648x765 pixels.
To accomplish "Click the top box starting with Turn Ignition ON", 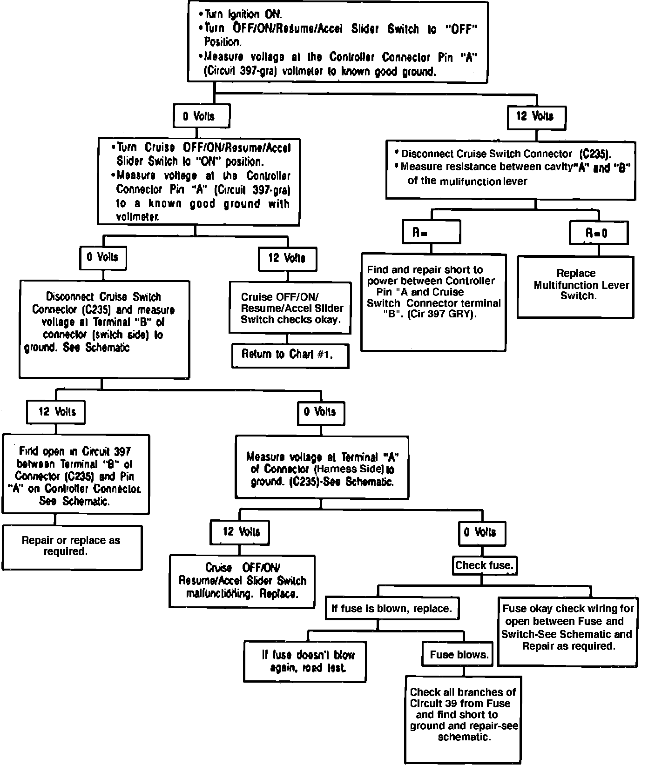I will (338, 42).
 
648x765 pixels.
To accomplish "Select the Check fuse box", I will (484, 565).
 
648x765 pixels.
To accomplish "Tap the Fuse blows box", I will (459, 655).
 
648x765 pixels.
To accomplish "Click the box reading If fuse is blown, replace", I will (391, 609).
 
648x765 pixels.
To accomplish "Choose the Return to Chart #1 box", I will (290, 355).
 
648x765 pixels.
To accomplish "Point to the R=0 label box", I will (598, 233).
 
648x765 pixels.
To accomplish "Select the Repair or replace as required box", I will (72, 547).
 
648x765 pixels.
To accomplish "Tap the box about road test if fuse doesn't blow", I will (305, 661).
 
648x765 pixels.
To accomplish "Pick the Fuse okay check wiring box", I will (568, 627).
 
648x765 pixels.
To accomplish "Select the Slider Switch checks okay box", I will (290, 308).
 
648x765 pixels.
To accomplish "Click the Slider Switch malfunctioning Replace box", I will (242, 581).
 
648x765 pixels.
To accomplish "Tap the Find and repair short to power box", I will (433, 302).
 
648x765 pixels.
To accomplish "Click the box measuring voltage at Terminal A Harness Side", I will (322, 468).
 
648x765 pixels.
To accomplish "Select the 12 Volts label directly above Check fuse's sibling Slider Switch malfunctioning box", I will (240, 532).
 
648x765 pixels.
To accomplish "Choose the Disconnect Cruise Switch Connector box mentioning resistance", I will (510, 170).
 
